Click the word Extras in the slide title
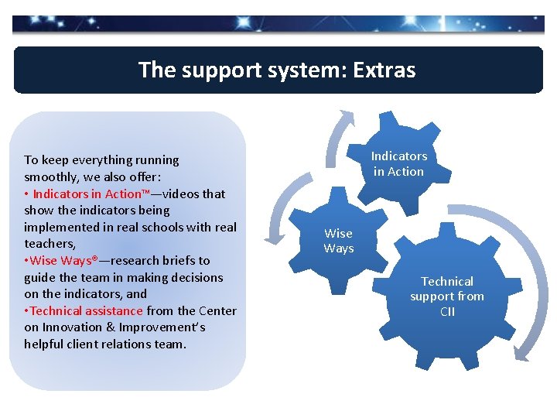(x=384, y=70)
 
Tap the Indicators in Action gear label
(x=399, y=164)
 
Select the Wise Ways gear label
(x=339, y=241)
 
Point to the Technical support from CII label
(x=447, y=296)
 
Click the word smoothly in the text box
(x=51, y=176)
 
